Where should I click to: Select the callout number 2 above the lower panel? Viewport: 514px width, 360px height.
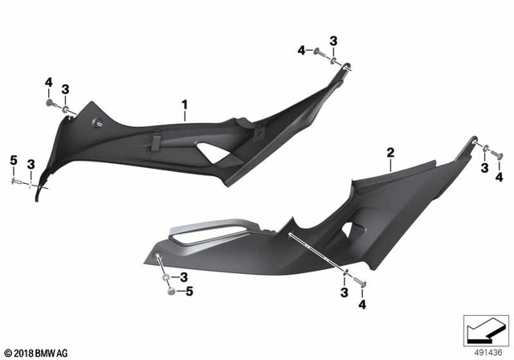(390, 152)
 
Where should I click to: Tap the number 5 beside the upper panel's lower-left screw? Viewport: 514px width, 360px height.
(13, 163)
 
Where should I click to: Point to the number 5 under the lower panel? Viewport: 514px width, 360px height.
(190, 292)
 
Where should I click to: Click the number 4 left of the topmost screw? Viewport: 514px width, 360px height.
(301, 50)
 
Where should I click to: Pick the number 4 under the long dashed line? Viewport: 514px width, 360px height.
(362, 305)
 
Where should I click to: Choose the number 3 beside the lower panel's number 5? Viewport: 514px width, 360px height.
(184, 277)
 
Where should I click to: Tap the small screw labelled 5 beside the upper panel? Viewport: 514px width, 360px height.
(15, 182)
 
